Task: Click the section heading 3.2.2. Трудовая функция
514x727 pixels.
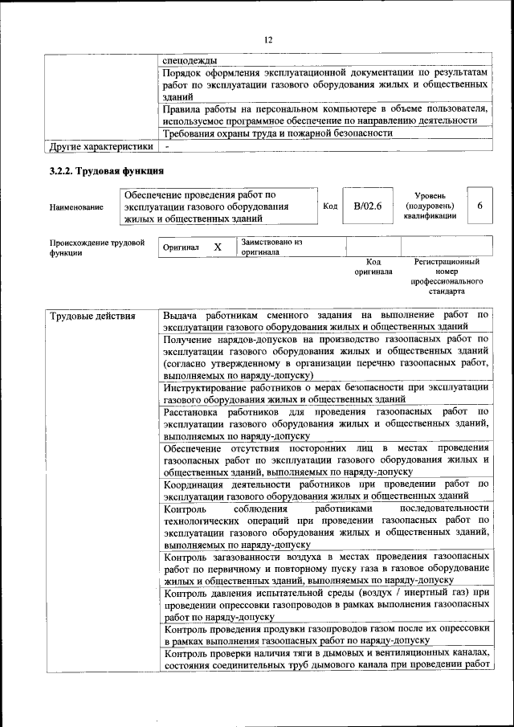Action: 106,171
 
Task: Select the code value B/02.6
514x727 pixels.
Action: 367,206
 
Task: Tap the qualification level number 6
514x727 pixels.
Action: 479,206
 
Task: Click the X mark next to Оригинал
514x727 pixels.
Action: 217,247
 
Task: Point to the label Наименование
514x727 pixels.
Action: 76,207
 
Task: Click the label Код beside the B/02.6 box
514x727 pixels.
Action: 329,206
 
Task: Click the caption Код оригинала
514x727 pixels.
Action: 373,267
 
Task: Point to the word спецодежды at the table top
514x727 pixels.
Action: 190,59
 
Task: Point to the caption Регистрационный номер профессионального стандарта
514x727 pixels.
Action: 447,276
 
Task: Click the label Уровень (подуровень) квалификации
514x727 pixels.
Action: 436,206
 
